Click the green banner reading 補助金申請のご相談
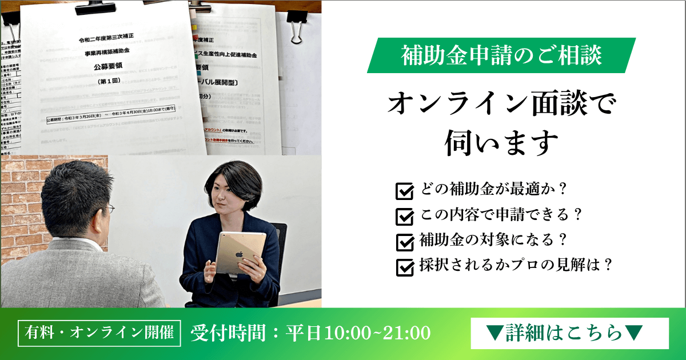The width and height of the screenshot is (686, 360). click(500, 55)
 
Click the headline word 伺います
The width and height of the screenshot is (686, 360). click(501, 143)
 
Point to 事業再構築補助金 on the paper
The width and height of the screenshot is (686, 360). click(112, 53)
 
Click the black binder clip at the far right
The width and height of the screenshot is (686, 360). click(296, 30)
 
